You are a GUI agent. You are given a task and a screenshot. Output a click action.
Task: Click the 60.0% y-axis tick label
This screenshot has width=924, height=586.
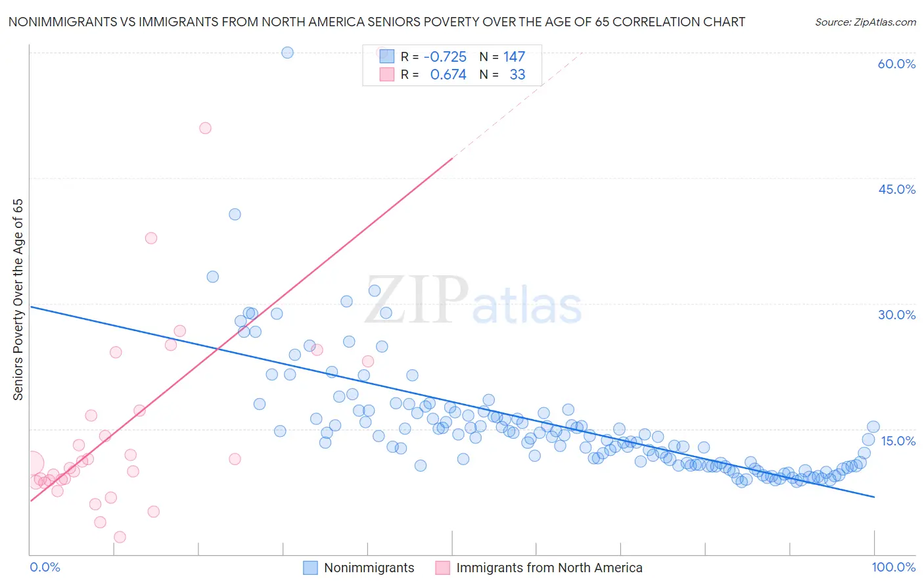[x=896, y=64]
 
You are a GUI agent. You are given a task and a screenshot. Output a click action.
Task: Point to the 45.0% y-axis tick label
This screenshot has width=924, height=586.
[x=896, y=189]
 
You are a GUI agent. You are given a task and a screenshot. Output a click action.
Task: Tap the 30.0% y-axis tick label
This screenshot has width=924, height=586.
[x=896, y=315]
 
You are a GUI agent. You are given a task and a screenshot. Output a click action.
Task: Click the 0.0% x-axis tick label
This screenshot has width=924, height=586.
[x=45, y=567]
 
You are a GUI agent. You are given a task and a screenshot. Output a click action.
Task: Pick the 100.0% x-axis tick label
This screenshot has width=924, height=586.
[x=893, y=567]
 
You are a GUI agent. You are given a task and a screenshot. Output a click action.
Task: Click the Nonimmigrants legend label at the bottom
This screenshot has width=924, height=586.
[x=369, y=568]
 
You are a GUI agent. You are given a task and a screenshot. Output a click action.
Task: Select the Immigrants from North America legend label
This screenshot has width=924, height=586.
[x=549, y=568]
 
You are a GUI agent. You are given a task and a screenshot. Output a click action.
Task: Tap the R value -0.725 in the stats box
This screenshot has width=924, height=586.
[x=445, y=57]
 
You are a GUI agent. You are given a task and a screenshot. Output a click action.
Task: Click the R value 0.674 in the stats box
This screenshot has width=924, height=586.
[x=448, y=75]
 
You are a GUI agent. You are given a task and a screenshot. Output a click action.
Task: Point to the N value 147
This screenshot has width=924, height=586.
[x=514, y=57]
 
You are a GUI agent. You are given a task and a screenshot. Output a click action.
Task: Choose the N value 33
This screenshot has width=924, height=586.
[x=517, y=75]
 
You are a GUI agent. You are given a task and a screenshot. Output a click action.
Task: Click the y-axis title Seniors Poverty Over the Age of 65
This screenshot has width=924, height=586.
[x=18, y=300]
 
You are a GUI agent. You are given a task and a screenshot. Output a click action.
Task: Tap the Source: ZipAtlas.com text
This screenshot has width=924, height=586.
[x=865, y=22]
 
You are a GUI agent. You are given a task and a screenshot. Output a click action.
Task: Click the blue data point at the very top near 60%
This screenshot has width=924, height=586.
[x=287, y=53]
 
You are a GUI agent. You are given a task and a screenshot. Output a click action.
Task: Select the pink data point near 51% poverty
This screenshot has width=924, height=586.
[x=205, y=128]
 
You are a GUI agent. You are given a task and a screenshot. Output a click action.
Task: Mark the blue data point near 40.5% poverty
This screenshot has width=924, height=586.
[x=235, y=214]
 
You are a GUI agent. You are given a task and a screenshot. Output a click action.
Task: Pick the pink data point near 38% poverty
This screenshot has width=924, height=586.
[x=151, y=238]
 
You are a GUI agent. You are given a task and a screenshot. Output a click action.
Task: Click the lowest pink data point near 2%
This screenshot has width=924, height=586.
[x=120, y=537]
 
